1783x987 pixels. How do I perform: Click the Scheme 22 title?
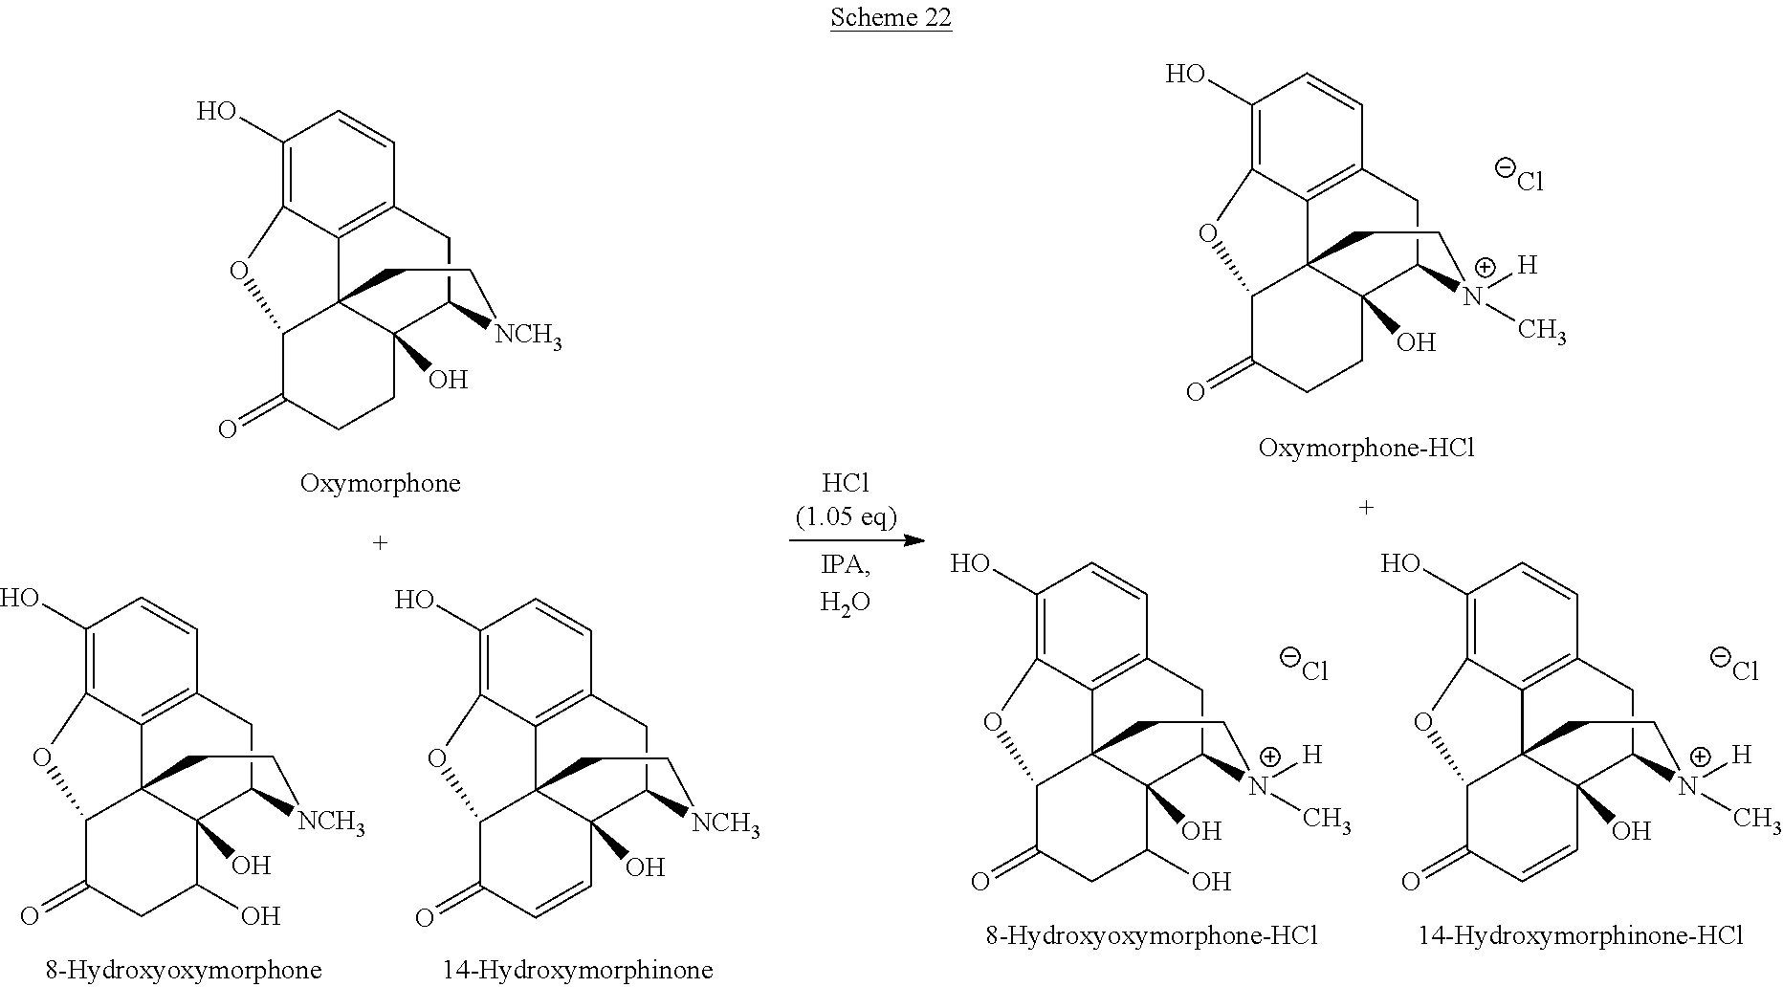(x=891, y=18)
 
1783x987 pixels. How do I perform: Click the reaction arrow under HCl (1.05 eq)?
(x=857, y=541)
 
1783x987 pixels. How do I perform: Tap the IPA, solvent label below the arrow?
(x=846, y=565)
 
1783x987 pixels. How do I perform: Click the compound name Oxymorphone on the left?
(x=380, y=483)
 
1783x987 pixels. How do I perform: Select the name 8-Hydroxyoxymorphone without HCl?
(x=183, y=970)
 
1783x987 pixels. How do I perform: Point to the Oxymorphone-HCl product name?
(x=1366, y=448)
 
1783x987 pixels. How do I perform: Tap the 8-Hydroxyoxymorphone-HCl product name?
(x=1152, y=935)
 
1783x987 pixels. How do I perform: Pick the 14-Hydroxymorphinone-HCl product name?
(x=1580, y=935)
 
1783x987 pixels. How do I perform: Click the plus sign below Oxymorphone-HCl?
(x=1366, y=508)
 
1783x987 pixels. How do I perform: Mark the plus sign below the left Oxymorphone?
(x=380, y=543)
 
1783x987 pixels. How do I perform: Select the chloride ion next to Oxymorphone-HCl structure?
(x=1519, y=176)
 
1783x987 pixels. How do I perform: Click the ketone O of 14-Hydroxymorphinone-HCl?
(x=1410, y=880)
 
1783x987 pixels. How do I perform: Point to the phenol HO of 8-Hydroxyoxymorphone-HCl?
(x=970, y=564)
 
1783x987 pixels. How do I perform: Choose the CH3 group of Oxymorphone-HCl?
(x=1542, y=332)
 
